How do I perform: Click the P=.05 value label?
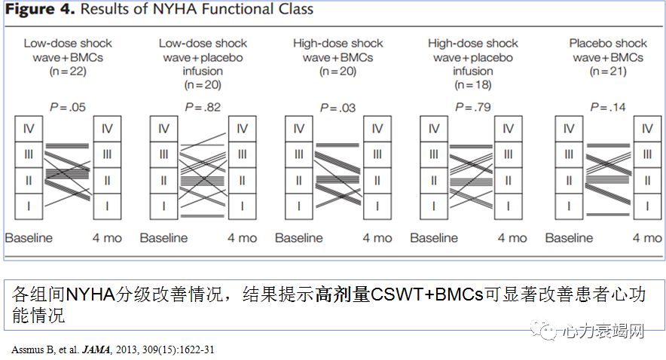click(67, 108)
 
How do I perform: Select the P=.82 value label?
click(203, 108)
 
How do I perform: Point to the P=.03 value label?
click(338, 108)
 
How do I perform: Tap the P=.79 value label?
click(472, 108)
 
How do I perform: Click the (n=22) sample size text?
click(67, 72)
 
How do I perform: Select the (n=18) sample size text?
click(472, 86)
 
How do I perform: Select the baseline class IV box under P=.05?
click(29, 129)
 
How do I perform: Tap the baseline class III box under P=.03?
click(299, 154)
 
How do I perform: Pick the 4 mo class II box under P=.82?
click(242, 181)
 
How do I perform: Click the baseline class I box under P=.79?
click(434, 206)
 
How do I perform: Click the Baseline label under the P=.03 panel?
click(299, 238)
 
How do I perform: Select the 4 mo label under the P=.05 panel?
click(107, 238)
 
